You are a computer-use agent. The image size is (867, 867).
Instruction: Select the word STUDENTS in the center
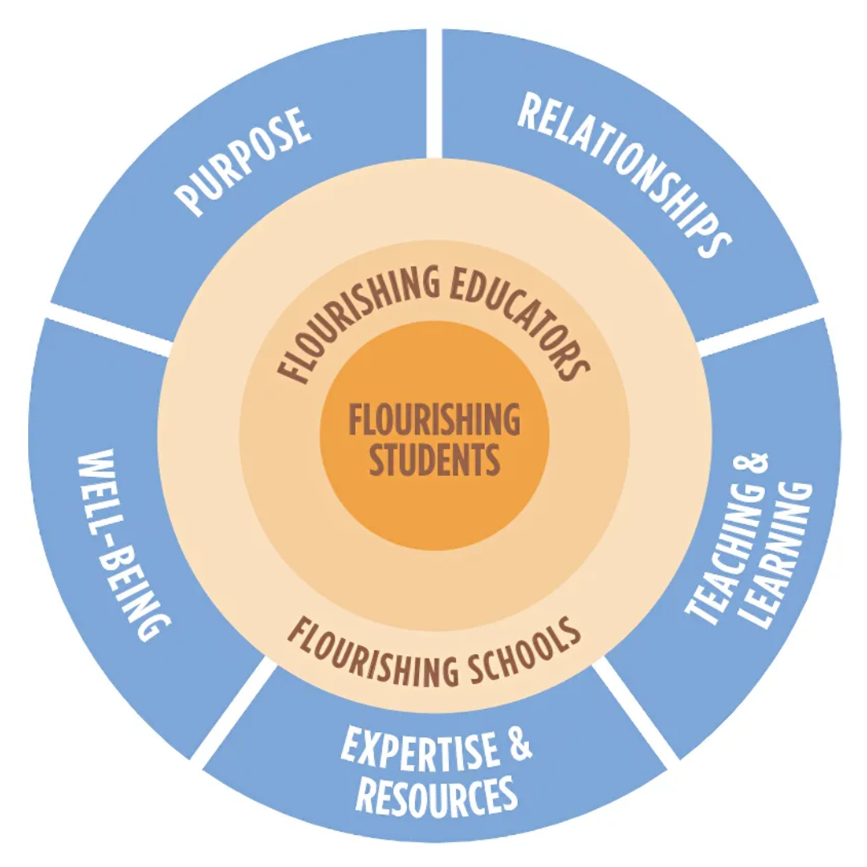(x=434, y=461)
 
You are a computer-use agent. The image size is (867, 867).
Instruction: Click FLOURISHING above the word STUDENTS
(x=434, y=420)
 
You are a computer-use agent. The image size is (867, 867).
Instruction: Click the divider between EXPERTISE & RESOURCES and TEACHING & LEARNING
(x=638, y=710)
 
